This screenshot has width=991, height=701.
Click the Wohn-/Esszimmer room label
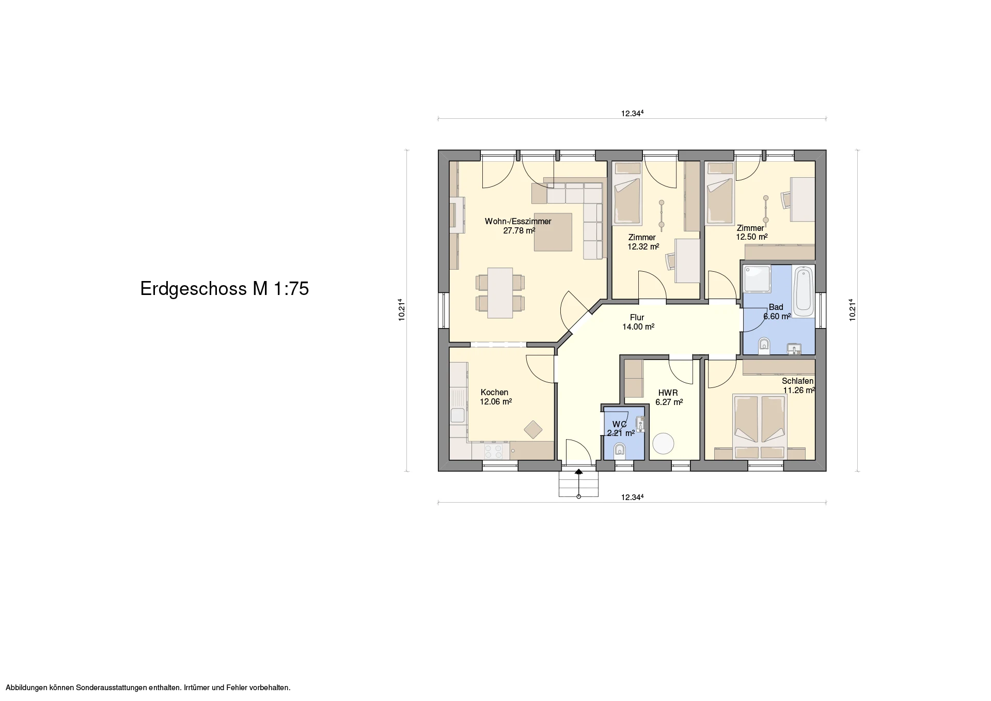pyautogui.click(x=518, y=222)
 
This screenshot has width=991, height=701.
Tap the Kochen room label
pyautogui.click(x=494, y=393)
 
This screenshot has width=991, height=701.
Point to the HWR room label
pyautogui.click(x=668, y=393)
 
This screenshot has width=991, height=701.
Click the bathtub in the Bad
pyautogui.click(x=803, y=291)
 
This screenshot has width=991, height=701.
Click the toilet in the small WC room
pyautogui.click(x=620, y=453)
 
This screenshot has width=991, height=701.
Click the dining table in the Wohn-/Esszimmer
pyautogui.click(x=138, y=292)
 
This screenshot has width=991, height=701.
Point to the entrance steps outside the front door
pyautogui.click(x=578, y=484)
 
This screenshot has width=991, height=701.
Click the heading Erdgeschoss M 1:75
pyautogui.click(x=225, y=289)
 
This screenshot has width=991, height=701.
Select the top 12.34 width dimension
pyautogui.click(x=632, y=114)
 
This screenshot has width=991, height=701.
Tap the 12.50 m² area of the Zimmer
pyautogui.click(x=752, y=237)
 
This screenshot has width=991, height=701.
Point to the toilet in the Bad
pyautogui.click(x=764, y=346)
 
